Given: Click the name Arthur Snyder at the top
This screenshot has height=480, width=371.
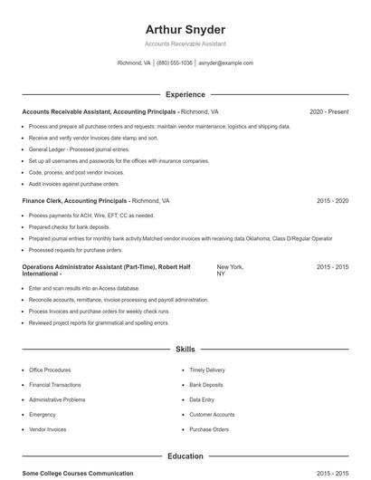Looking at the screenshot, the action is coord(185,29).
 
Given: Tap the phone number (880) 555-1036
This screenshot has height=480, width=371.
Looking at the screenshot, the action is coord(175,63).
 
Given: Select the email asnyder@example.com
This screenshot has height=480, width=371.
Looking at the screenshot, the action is coord(226,63).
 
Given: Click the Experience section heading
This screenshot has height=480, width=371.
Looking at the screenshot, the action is coord(185,94).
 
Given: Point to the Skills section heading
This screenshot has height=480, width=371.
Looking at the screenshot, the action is coord(185,349).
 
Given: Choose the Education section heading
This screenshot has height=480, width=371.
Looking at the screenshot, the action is coord(185,456).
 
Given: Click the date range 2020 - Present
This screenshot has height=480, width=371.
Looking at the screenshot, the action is coord(328,111).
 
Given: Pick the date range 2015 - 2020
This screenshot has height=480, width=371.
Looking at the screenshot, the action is coord(332,200).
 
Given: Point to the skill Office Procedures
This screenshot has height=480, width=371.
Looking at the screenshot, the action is coord(50,370).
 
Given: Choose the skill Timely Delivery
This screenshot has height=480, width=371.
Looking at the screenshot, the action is coord(207,370).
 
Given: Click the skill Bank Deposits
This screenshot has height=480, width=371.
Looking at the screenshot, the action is coord(206,385).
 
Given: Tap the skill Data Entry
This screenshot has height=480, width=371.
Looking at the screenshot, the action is coord(202,399).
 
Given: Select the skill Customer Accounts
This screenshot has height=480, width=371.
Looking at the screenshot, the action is coord(212,415).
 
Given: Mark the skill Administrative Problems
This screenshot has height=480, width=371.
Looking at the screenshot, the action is coord(57,399).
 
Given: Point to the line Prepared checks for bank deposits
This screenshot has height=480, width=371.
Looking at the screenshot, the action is coord(70,226).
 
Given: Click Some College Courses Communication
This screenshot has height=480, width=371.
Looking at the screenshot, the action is coord(77,474).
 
